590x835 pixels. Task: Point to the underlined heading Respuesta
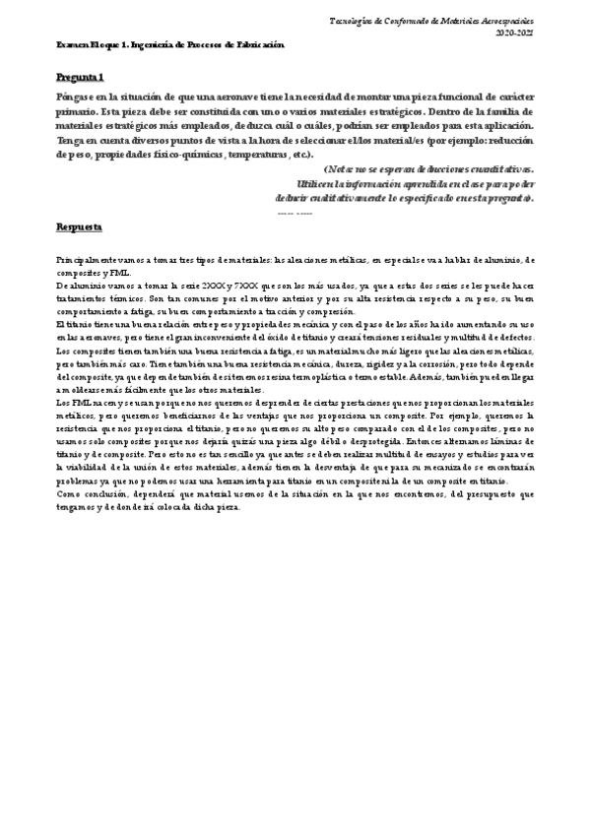point(79,226)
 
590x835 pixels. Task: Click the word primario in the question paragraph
point(80,111)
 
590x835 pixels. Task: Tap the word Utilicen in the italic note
point(314,183)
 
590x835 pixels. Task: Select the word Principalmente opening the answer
point(86,259)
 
